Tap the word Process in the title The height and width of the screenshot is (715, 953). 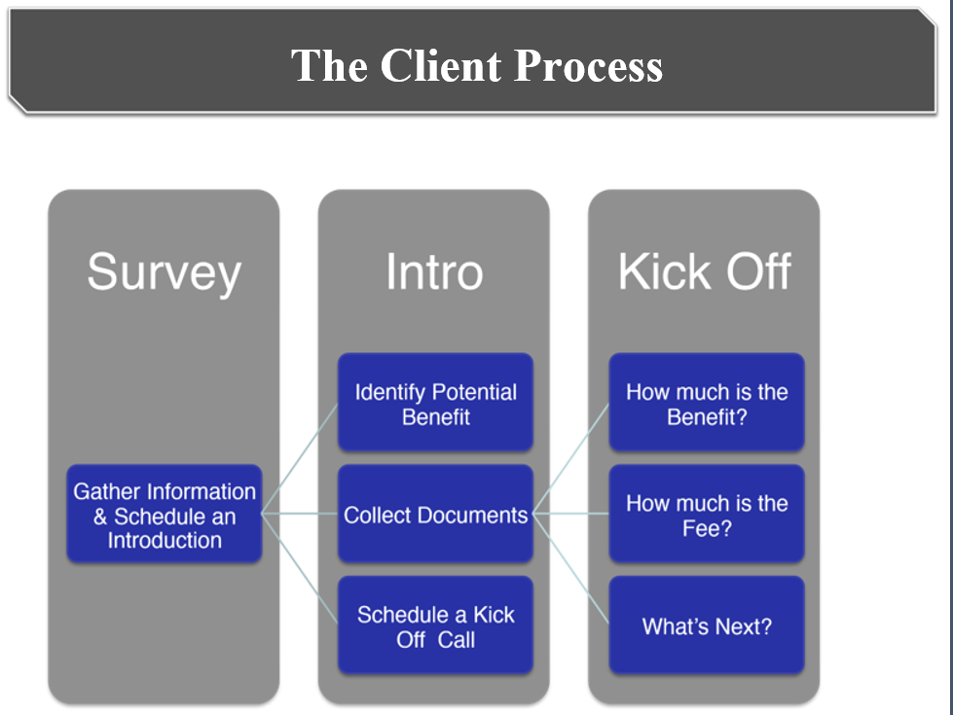(588, 65)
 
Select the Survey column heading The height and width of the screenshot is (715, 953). (165, 273)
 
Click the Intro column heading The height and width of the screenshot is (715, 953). (434, 271)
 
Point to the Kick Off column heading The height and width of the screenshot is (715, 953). (705, 271)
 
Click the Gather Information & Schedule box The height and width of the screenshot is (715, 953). (165, 514)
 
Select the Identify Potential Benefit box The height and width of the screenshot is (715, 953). (435, 402)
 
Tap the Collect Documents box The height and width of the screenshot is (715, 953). (435, 514)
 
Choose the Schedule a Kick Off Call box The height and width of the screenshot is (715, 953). (435, 626)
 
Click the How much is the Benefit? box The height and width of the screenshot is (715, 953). (707, 402)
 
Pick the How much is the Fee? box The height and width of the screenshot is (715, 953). (707, 514)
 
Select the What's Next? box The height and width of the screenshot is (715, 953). (707, 626)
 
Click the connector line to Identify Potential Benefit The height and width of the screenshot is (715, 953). (300, 458)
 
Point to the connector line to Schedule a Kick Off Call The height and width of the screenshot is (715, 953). (300, 569)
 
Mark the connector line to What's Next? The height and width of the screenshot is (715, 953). (570, 569)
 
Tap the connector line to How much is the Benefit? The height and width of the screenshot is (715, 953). (570, 458)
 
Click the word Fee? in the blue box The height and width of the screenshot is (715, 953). (707, 529)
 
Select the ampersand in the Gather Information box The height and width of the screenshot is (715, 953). (100, 517)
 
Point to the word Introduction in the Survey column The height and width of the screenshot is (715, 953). (165, 540)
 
